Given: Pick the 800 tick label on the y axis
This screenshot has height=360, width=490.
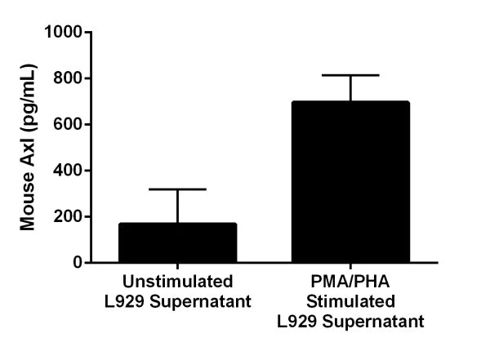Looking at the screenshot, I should pyautogui.click(x=71, y=78).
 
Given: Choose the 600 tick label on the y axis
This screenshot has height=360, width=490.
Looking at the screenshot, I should pyautogui.click(x=71, y=125).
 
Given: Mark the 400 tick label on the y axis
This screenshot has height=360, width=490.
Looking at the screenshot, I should pyautogui.click(x=71, y=171).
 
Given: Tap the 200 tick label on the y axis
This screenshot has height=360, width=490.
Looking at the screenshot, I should pyautogui.click(x=71, y=217).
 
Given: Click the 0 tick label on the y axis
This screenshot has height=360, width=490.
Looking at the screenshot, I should pyautogui.click(x=78, y=263).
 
